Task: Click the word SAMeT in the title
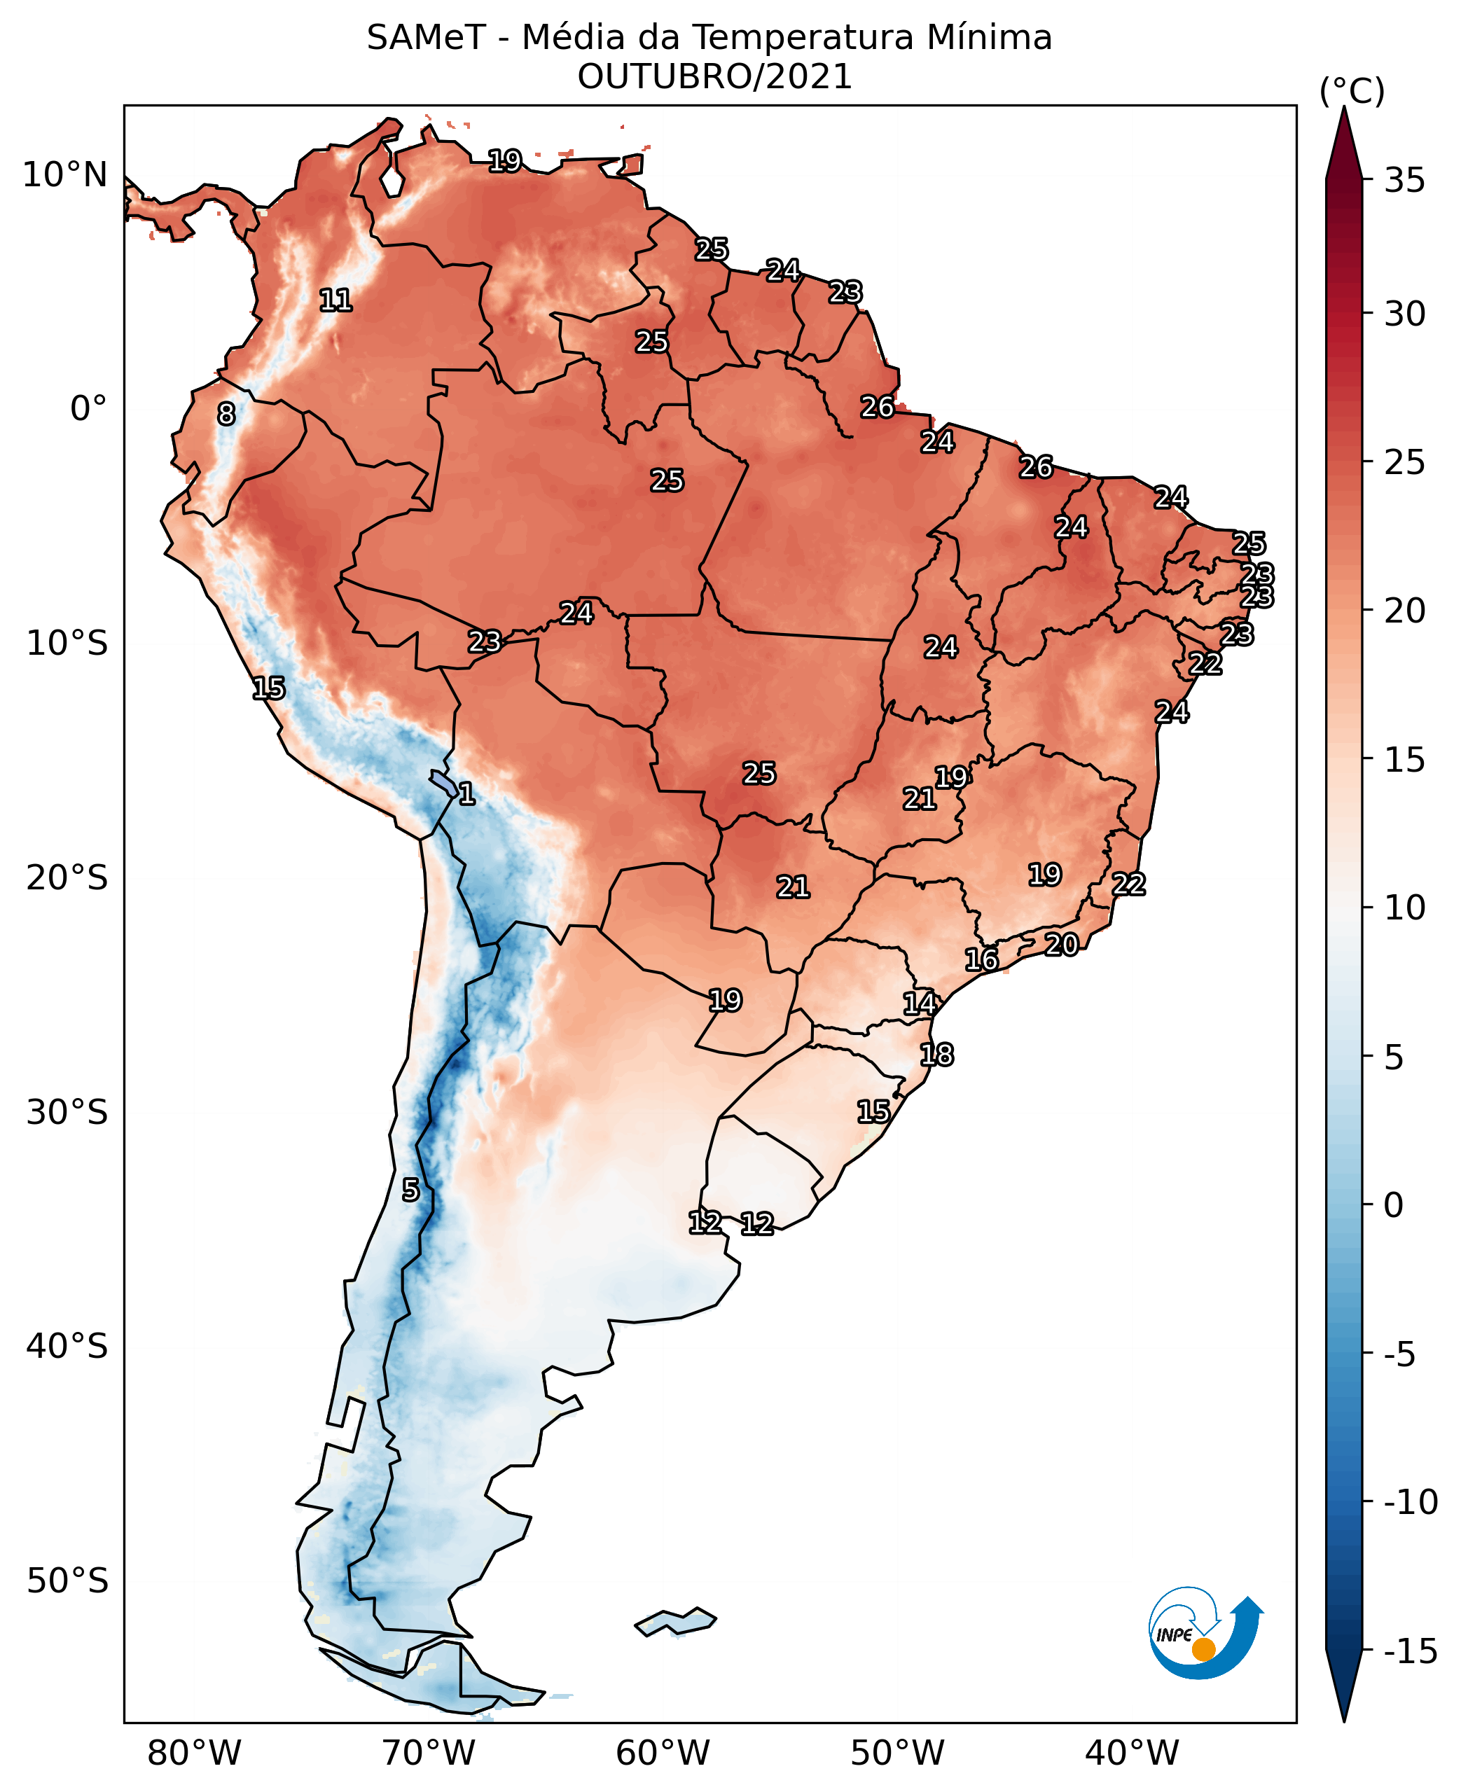click(426, 39)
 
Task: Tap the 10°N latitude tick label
click(65, 175)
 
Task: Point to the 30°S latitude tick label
click(67, 1112)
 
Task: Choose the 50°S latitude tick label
click(67, 1581)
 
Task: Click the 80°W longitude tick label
click(195, 1753)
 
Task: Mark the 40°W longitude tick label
click(1132, 1753)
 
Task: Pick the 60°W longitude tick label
click(663, 1753)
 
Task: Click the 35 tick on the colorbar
click(1404, 180)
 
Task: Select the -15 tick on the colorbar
click(1411, 1651)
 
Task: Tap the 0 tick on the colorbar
click(1394, 1204)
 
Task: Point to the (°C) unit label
click(1352, 91)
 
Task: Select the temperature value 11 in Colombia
click(335, 300)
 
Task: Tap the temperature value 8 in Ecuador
click(226, 414)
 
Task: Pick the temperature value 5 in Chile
click(410, 1190)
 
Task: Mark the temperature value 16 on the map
click(981, 959)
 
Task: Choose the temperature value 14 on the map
click(920, 1003)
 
